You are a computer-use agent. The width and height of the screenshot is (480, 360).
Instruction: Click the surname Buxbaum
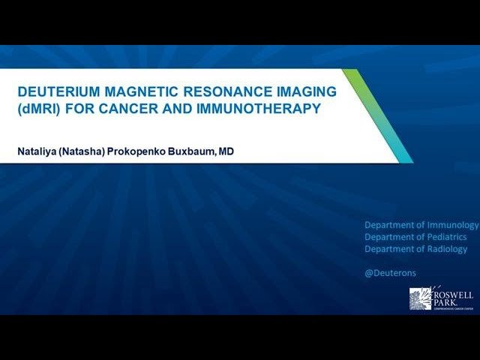pos(193,151)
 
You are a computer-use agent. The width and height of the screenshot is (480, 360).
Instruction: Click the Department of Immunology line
pos(421,225)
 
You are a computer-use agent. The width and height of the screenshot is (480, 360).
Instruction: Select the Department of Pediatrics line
pos(415,237)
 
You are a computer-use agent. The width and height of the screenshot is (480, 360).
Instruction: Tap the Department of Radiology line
pos(415,249)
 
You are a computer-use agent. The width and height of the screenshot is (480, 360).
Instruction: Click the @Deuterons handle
pos(390,273)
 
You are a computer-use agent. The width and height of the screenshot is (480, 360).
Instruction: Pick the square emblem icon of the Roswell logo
pos(421,299)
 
